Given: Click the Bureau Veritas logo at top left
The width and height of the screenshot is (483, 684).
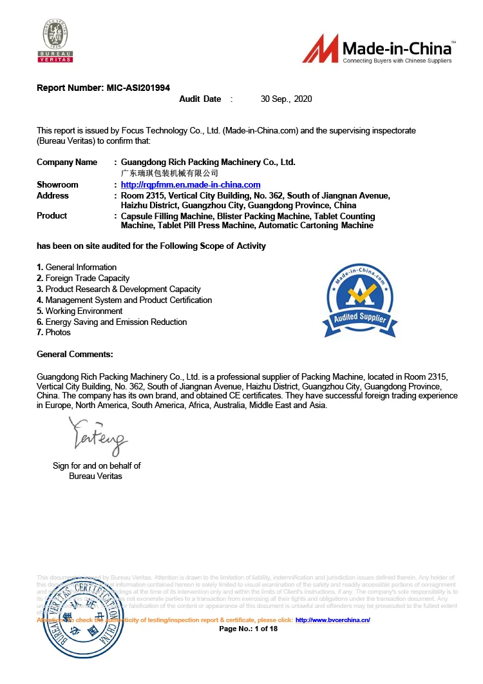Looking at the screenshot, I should click(57, 41).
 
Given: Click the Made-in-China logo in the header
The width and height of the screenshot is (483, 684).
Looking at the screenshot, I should click(379, 49).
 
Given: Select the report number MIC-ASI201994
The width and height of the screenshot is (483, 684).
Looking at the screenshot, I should click(138, 88).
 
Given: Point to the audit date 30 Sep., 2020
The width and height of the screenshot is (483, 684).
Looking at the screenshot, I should click(286, 99).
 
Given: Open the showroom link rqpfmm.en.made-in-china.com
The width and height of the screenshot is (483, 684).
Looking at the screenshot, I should click(191, 185).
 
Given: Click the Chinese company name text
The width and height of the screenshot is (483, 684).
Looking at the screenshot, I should click(169, 173).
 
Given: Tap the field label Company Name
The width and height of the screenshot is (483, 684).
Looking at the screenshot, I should click(67, 162).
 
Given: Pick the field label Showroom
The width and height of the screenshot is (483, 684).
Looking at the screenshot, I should click(57, 185).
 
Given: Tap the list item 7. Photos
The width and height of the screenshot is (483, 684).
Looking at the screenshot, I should click(54, 333).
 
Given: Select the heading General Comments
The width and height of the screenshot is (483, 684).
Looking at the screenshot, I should click(75, 354).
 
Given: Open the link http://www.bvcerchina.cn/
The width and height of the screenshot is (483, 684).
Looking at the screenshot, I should click(332, 620).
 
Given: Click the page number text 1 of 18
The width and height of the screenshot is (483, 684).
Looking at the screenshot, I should click(266, 629).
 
